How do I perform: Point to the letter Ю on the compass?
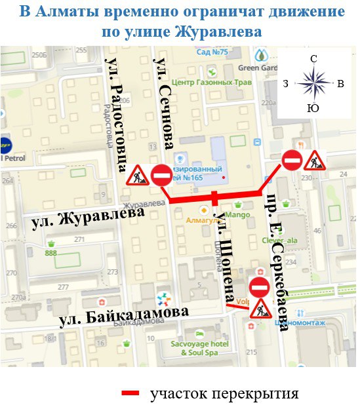pos(313,107)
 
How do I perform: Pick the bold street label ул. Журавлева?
pos(87,218)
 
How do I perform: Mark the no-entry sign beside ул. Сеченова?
pos(162,175)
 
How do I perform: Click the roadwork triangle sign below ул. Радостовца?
pos(137,175)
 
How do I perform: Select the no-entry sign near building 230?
pos(291,159)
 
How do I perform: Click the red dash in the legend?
pos(131,393)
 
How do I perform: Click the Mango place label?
pos(239,214)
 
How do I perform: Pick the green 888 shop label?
pos(51,253)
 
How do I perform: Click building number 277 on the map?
pos(64,287)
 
